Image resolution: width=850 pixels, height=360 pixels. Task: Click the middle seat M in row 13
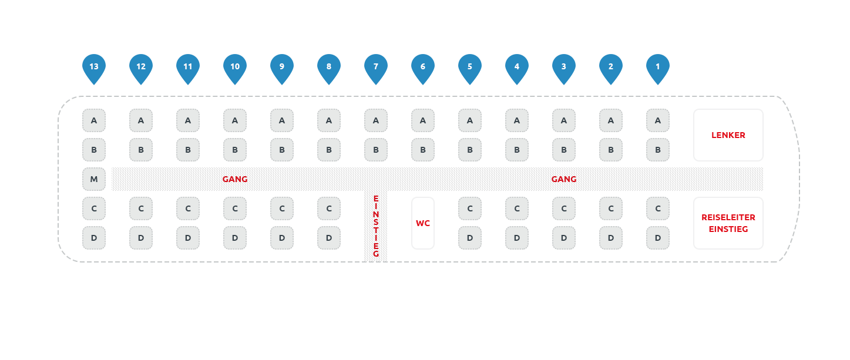94,179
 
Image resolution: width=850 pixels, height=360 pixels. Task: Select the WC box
423,223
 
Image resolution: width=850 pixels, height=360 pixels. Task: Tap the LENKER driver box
728,135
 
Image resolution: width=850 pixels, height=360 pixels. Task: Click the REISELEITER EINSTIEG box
728,223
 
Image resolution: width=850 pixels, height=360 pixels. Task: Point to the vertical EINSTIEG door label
376,226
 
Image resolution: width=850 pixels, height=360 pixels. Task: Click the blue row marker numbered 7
376,68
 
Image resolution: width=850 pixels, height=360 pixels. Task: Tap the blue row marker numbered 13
94,68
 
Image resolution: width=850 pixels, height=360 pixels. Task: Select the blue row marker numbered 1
658,68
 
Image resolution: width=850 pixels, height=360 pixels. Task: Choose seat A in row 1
658,120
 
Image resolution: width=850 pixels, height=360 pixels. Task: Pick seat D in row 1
658,238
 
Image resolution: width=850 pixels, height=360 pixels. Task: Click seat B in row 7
376,150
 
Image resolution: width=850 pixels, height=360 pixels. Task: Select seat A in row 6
423,120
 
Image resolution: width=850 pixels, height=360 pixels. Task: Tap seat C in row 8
329,208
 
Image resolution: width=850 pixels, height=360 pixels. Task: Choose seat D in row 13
94,238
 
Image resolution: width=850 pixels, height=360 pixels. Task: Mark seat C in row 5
470,208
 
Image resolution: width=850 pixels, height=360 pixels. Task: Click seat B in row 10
235,150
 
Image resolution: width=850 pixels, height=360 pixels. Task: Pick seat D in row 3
564,238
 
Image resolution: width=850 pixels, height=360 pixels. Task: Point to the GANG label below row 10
235,179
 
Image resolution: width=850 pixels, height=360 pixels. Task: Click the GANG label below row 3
564,179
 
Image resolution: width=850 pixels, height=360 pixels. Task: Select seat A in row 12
141,120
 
